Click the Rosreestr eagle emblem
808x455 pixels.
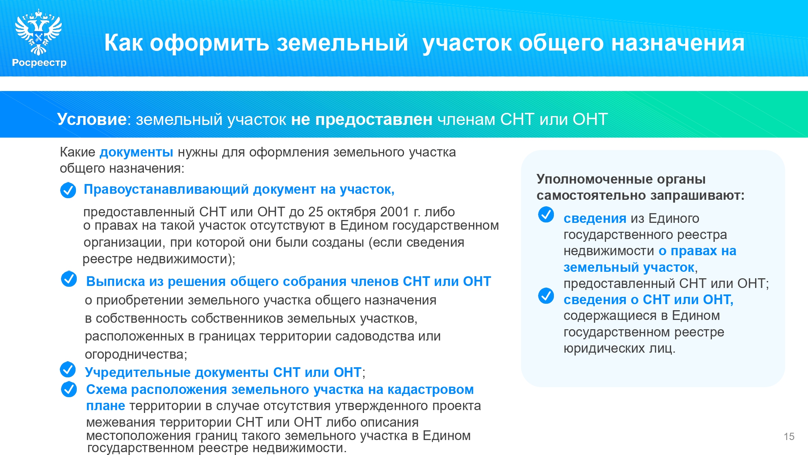click(38, 32)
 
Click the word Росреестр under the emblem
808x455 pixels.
click(39, 63)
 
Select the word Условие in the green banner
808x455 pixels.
click(92, 119)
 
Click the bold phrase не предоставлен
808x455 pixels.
click(362, 120)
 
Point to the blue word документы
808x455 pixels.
click(136, 152)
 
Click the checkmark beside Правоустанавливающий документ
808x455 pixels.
click(68, 190)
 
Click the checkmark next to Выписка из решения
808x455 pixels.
click(69, 279)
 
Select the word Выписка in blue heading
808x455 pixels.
click(115, 281)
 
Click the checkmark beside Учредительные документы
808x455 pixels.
click(67, 369)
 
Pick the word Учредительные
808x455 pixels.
click(137, 372)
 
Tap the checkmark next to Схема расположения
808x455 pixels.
click(69, 389)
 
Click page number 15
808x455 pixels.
click(789, 437)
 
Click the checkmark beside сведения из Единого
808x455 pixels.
click(546, 215)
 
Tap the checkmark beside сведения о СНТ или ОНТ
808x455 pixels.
click(546, 296)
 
